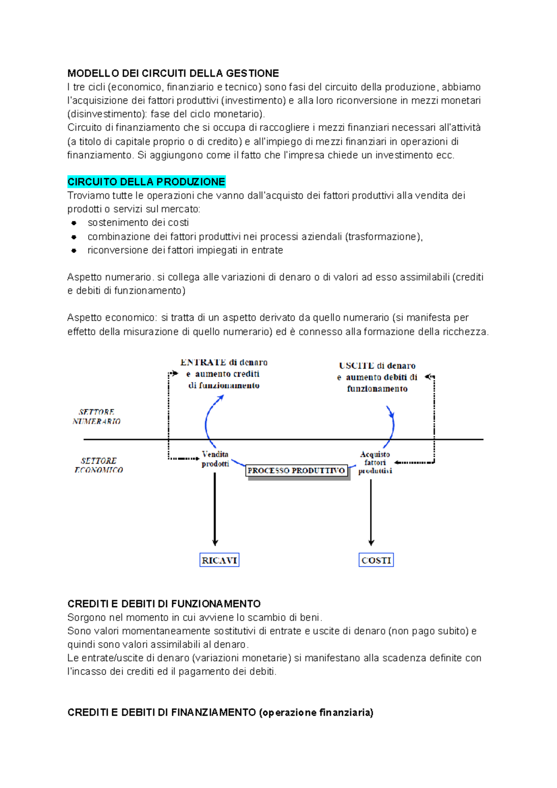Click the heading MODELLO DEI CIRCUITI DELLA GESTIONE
(x=173, y=73)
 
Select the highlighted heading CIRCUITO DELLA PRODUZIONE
(x=146, y=181)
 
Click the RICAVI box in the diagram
(x=219, y=560)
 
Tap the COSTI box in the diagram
(x=376, y=560)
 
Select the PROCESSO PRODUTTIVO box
(x=296, y=471)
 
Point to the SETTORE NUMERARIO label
(x=97, y=417)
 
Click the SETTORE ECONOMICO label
(x=98, y=465)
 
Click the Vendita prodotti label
(x=215, y=459)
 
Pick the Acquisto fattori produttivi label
(x=375, y=463)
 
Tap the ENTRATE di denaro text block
(x=224, y=374)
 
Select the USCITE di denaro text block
(x=377, y=377)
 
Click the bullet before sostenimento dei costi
(x=74, y=223)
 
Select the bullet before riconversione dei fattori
(x=74, y=250)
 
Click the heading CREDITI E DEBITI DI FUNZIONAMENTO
(x=164, y=604)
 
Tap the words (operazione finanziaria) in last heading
(x=316, y=712)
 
